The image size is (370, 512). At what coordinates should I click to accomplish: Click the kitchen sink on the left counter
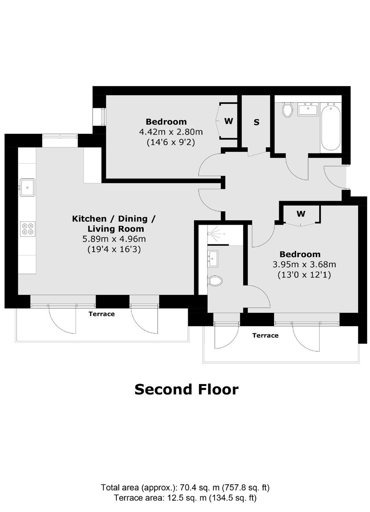tap(27, 187)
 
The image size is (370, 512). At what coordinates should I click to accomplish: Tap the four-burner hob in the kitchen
tap(28, 229)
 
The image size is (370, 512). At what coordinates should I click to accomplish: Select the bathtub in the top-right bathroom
tap(331, 126)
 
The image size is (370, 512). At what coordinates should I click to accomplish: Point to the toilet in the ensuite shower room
tap(215, 280)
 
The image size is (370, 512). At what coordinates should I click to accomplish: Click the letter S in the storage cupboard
tap(257, 122)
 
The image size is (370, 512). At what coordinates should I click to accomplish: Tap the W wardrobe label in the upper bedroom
tap(229, 121)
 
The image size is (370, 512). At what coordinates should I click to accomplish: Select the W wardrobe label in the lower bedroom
tap(301, 214)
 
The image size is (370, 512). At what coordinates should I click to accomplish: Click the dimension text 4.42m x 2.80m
tap(171, 132)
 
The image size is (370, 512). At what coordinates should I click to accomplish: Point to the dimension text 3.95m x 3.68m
tap(304, 264)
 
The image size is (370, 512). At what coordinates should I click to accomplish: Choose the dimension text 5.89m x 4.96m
tap(114, 239)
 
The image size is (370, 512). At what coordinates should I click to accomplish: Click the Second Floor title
tap(187, 389)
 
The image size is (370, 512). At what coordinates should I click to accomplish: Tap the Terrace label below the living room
tap(102, 314)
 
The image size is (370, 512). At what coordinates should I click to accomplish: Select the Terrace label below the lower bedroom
tap(265, 335)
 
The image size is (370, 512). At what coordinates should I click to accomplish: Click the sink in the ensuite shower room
tap(213, 259)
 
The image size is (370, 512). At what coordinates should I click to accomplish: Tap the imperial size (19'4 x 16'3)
tap(114, 249)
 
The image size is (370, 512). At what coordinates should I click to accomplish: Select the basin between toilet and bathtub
tap(309, 109)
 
